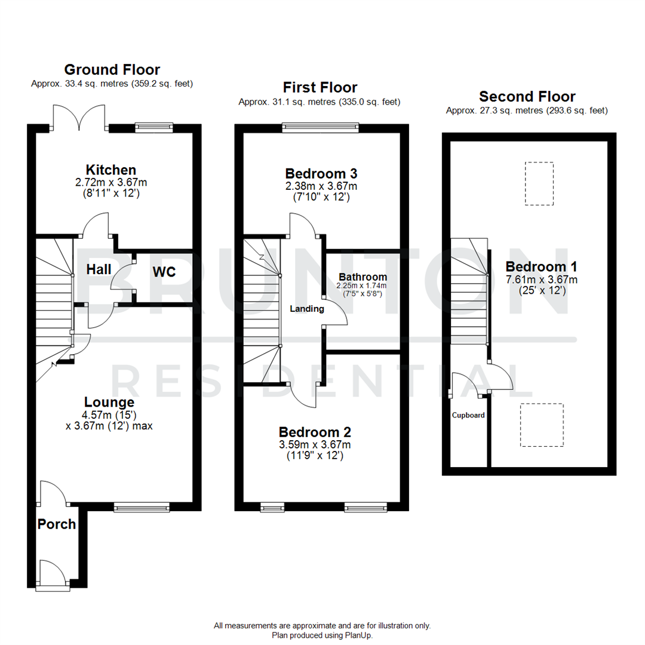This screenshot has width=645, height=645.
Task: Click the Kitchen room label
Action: click(x=111, y=170)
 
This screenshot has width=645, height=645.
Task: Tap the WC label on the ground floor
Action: click(x=164, y=272)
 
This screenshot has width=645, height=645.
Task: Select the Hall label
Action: click(x=99, y=270)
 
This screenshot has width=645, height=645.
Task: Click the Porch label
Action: click(x=57, y=524)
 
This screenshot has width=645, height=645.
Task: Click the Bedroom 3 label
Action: click(x=321, y=174)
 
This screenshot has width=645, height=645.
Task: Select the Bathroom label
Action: click(x=363, y=277)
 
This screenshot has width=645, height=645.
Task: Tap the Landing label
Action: click(x=307, y=309)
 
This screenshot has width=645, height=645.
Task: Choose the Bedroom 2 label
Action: click(x=315, y=432)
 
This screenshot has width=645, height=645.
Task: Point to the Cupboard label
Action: click(x=468, y=415)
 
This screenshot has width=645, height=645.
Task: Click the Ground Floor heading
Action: click(x=112, y=70)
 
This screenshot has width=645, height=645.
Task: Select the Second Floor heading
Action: click(x=527, y=97)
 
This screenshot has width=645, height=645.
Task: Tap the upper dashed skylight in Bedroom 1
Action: click(x=539, y=183)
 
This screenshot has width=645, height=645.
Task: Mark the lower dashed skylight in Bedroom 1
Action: click(x=541, y=425)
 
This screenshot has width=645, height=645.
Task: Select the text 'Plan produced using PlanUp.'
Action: click(x=322, y=635)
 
